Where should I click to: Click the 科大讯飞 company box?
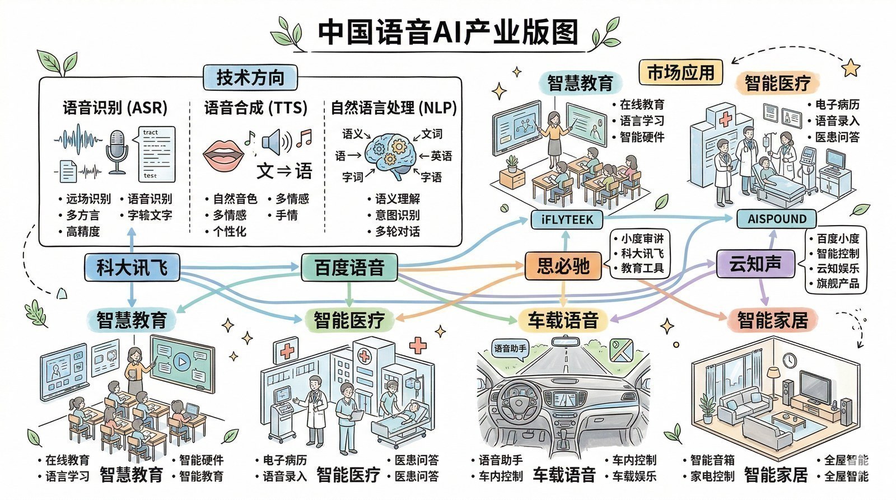pos(132,267)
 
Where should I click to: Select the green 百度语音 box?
pos(349,267)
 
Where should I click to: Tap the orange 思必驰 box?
pos(563,265)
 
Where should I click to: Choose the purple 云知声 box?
pos(755,263)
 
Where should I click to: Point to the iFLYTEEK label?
pos(567,219)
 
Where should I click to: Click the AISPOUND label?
pos(777,219)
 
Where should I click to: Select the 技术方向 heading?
pos(250,77)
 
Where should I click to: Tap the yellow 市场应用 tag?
pos(680,72)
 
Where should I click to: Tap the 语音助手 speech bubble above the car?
pos(510,349)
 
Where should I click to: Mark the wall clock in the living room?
pos(790,359)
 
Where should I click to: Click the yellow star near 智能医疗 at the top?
pos(851,68)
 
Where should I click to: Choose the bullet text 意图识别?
pos(397,215)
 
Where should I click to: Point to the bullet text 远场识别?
pos(88,199)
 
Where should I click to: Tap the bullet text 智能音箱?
pos(712,460)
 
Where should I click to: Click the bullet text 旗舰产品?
pos(837,283)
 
